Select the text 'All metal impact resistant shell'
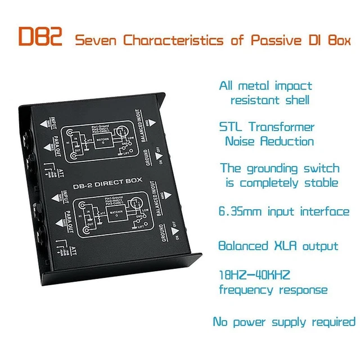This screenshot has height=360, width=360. pos(265,93)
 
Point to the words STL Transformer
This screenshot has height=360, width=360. pos(267,127)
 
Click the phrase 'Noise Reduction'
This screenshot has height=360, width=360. pos(269,141)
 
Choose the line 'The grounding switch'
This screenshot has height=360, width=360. pos(280,168)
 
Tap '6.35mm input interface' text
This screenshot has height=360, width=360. pos(283,211)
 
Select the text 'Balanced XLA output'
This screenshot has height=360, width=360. pos(278,246)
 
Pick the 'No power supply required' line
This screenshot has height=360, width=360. pos(284,322)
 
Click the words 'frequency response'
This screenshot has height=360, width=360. pos(273,290)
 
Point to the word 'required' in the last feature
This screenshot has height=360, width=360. pos(331,322)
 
